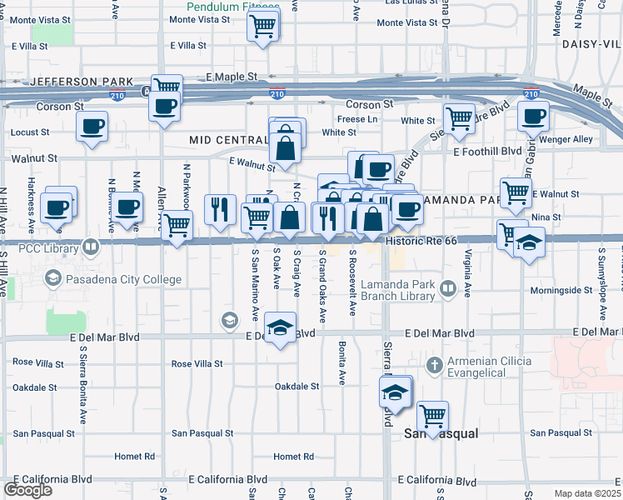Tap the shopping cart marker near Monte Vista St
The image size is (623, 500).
(x=263, y=27)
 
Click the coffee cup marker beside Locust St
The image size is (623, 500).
(x=92, y=127)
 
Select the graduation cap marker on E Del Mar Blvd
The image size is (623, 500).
(x=281, y=328)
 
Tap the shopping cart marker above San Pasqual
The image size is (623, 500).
(x=432, y=415)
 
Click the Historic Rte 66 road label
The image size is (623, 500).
(x=422, y=241)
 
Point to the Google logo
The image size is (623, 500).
(x=28, y=490)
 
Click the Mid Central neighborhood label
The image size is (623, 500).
(x=227, y=140)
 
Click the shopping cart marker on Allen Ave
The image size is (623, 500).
(x=177, y=224)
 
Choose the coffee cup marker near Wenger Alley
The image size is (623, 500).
(x=531, y=116)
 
